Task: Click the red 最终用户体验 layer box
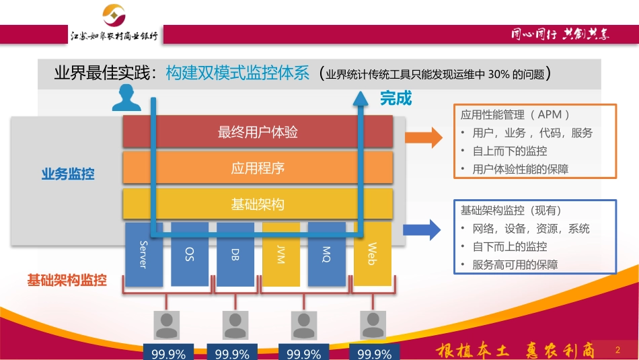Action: pos(258,132)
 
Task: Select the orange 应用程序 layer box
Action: pos(258,168)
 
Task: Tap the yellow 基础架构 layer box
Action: pos(258,204)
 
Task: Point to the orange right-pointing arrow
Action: pos(423,139)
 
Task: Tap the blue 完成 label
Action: pos(396,99)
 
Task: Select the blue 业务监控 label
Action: pos(68,174)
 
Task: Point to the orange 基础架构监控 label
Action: pos(67,280)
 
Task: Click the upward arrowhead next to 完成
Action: pos(363,98)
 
